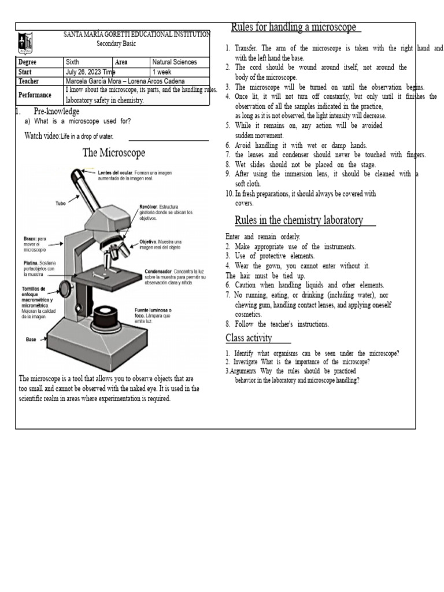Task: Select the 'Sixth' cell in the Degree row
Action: coord(75,62)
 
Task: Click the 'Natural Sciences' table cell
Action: coord(175,62)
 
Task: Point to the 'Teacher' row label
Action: coord(29,82)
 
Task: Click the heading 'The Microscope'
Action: coord(114,153)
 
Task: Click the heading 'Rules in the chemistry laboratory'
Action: coord(299,220)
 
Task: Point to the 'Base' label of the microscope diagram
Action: coord(31,339)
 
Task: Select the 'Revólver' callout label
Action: coord(151,206)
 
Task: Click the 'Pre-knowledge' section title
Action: coord(57,111)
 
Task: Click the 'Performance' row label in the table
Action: coord(35,95)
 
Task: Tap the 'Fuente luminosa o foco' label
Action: coord(153,310)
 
